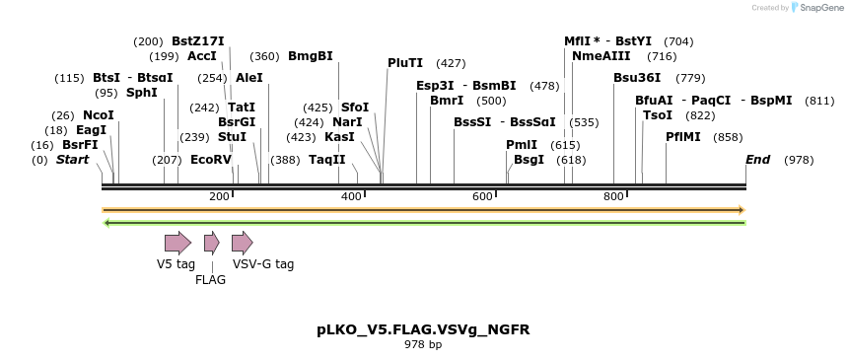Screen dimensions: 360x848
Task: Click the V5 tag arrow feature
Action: click(177, 243)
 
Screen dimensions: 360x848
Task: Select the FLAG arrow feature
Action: click(211, 243)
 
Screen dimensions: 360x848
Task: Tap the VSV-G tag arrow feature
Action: click(242, 243)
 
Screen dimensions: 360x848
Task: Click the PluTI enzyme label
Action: click(405, 63)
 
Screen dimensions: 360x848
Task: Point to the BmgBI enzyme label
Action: click(311, 56)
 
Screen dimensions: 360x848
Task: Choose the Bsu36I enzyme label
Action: click(637, 78)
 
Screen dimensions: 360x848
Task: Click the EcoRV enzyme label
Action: click(211, 160)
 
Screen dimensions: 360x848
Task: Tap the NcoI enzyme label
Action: click(99, 115)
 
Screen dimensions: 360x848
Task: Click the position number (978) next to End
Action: click(799, 160)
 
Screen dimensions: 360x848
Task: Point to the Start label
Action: click(72, 160)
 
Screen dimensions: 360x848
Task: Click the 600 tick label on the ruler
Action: click(482, 197)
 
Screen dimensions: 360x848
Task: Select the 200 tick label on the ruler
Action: click(219, 197)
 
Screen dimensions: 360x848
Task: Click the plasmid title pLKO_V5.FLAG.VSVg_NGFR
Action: click(423, 329)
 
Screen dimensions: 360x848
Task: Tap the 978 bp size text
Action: click(423, 345)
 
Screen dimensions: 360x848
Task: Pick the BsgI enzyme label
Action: click(530, 160)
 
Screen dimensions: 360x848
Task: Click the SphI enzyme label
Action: click(142, 93)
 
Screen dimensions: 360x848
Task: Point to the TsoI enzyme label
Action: click(658, 115)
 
